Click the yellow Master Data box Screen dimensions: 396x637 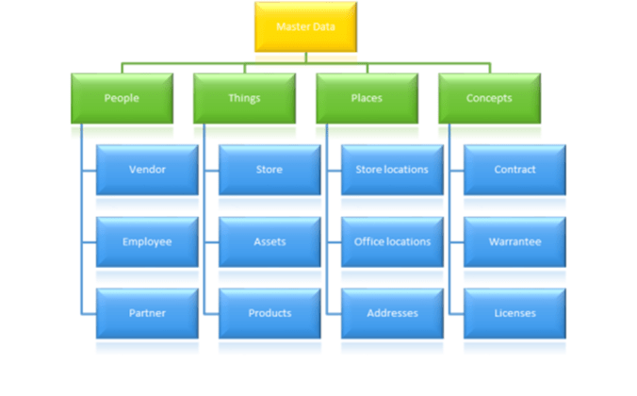pyautogui.click(x=305, y=27)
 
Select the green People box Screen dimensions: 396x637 pyautogui.click(x=122, y=98)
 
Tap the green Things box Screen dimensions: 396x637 pyautogui.click(x=244, y=98)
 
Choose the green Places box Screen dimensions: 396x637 pyautogui.click(x=367, y=98)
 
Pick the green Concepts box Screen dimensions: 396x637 pyautogui.click(x=489, y=98)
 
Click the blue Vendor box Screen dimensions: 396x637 pyautogui.click(x=147, y=170)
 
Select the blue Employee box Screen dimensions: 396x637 pyautogui.click(x=147, y=241)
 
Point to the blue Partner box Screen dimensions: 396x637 pyautogui.click(x=147, y=313)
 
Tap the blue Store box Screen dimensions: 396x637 pyautogui.click(x=269, y=170)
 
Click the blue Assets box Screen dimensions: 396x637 pyautogui.click(x=269, y=241)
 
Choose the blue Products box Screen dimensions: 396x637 pyautogui.click(x=269, y=313)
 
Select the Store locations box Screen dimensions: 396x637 pyautogui.click(x=392, y=170)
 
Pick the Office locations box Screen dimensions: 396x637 pyautogui.click(x=392, y=241)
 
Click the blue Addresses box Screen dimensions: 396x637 pyautogui.click(x=392, y=313)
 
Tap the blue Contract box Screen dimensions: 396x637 pyautogui.click(x=514, y=170)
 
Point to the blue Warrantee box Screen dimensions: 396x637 pyautogui.click(x=514, y=241)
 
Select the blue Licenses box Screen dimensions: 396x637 pyautogui.click(x=514, y=313)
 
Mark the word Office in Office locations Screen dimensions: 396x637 pyautogui.click(x=368, y=241)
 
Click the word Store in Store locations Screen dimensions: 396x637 pyautogui.click(x=368, y=170)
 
